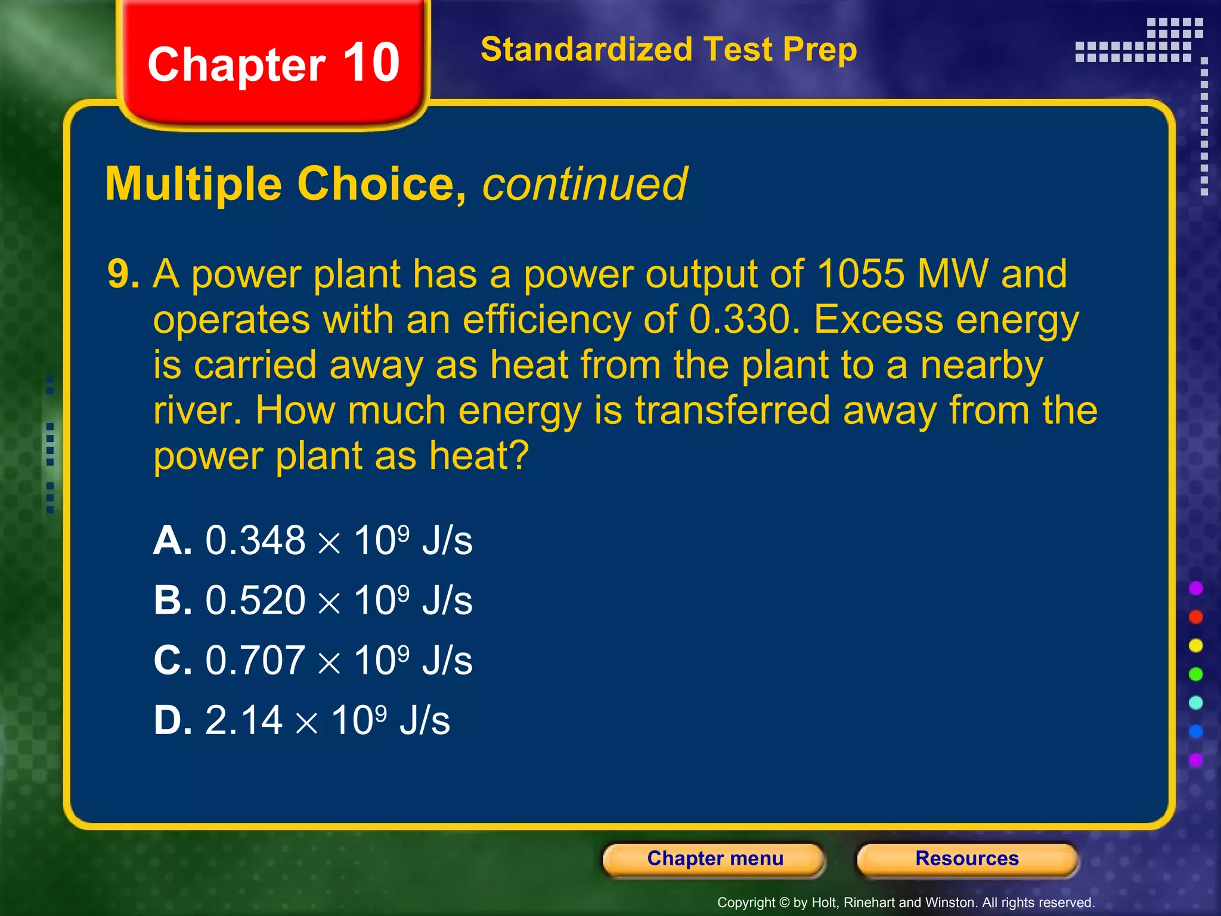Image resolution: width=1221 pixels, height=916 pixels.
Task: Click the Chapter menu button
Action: [714, 859]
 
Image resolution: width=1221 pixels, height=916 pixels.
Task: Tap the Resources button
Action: [967, 859]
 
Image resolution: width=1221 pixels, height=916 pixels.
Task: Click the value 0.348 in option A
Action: [255, 541]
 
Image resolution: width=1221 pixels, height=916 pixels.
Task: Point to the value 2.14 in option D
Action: [243, 720]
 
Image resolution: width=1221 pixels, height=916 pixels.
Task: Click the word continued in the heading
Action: [584, 184]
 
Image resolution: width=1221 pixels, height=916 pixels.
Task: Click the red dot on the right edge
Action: [1195, 617]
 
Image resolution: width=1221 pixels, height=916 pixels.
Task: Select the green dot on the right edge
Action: [1195, 674]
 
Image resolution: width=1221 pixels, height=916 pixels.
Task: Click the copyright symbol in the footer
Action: [784, 903]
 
